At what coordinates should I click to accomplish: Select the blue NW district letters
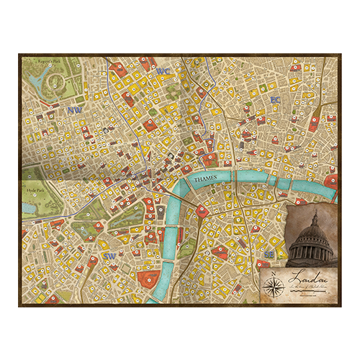coord(73,111)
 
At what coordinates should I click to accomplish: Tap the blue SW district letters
coord(110,256)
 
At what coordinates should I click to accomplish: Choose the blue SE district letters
coord(269,255)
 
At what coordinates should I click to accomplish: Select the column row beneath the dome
coord(311,250)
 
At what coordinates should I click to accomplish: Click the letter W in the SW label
coord(113,256)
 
